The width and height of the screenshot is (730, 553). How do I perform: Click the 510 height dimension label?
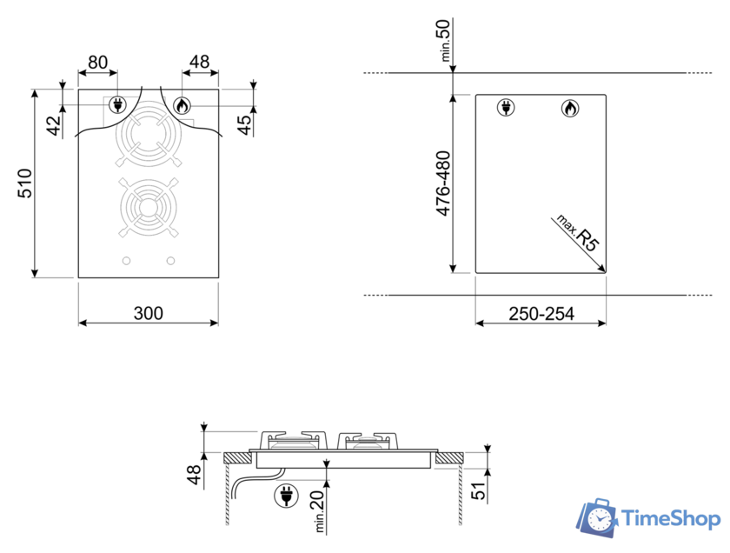(x=24, y=183)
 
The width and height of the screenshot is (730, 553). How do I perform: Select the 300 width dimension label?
(x=148, y=313)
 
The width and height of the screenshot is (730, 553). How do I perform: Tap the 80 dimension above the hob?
(x=97, y=62)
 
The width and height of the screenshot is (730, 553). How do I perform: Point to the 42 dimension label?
(x=54, y=125)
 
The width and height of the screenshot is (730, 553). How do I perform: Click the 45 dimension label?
(x=243, y=125)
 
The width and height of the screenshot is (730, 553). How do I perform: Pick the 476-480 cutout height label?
(x=443, y=183)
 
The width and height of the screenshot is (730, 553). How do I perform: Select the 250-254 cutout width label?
(x=541, y=314)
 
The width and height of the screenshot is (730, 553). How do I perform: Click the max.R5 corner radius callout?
(x=578, y=232)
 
